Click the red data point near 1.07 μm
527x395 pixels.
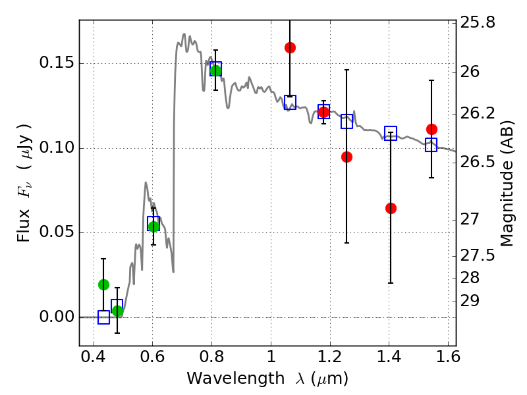290,47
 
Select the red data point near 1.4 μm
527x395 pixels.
391,208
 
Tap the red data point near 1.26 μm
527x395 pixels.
347,157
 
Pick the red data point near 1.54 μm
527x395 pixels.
431,129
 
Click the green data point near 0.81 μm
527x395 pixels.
215,70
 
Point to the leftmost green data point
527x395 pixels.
103,284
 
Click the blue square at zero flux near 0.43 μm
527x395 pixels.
103,317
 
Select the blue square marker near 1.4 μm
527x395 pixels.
391,133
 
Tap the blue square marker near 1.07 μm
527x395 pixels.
290,102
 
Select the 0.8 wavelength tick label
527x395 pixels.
211,359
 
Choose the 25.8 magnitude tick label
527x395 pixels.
480,22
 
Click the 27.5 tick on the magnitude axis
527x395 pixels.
480,254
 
